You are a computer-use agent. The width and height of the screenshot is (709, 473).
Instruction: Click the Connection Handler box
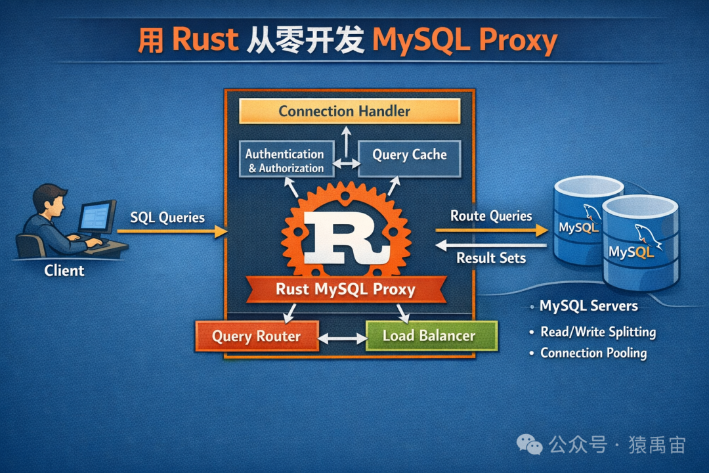pyautogui.click(x=349, y=111)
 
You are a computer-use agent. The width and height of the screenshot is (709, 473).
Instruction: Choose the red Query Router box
pyautogui.click(x=257, y=336)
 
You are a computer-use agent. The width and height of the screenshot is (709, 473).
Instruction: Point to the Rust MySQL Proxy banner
pyautogui.click(x=345, y=289)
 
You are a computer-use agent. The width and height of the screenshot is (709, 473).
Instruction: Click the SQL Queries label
pyautogui.click(x=167, y=217)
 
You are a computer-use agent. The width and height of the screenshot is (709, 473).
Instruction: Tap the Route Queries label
pyautogui.click(x=491, y=215)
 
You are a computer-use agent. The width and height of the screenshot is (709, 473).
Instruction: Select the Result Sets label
pyautogui.click(x=491, y=258)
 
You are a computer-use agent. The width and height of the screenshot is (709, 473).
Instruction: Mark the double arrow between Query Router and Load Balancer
pyautogui.click(x=342, y=339)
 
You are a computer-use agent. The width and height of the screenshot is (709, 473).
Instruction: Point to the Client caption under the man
pyautogui.click(x=64, y=270)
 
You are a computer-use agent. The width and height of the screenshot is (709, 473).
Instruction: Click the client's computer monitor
pyautogui.click(x=96, y=216)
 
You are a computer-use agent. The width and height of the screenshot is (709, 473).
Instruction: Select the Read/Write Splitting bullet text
pyautogui.click(x=598, y=332)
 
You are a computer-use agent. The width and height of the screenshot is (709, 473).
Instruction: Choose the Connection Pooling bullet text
pyautogui.click(x=593, y=353)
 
